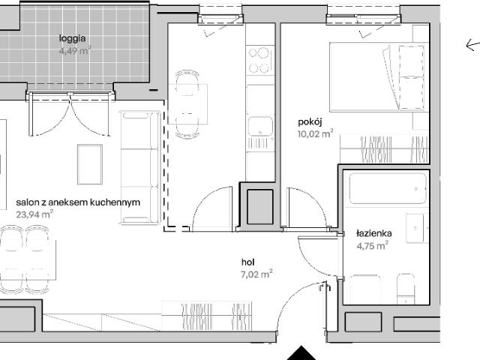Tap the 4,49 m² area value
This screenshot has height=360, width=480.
75,50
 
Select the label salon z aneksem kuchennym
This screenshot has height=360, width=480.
78,202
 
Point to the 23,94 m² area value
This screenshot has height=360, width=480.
34,214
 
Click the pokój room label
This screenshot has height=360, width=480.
310,122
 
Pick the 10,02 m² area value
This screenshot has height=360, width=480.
315,133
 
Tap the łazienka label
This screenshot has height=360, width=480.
374,233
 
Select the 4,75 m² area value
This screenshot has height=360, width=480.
373,245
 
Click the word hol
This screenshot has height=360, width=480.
247,262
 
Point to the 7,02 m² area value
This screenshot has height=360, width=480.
256,274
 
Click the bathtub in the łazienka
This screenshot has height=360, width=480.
388,188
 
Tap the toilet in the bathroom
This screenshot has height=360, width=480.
406,288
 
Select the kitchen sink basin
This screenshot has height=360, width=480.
260,127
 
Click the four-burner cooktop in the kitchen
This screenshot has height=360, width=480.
260,60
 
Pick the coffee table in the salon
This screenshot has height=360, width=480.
90,165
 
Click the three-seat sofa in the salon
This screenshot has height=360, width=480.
140,167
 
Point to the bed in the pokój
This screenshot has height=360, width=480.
378,76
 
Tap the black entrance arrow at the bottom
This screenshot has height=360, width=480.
301,353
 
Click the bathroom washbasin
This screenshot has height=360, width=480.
415,228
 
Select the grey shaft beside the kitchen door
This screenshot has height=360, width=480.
260,207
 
